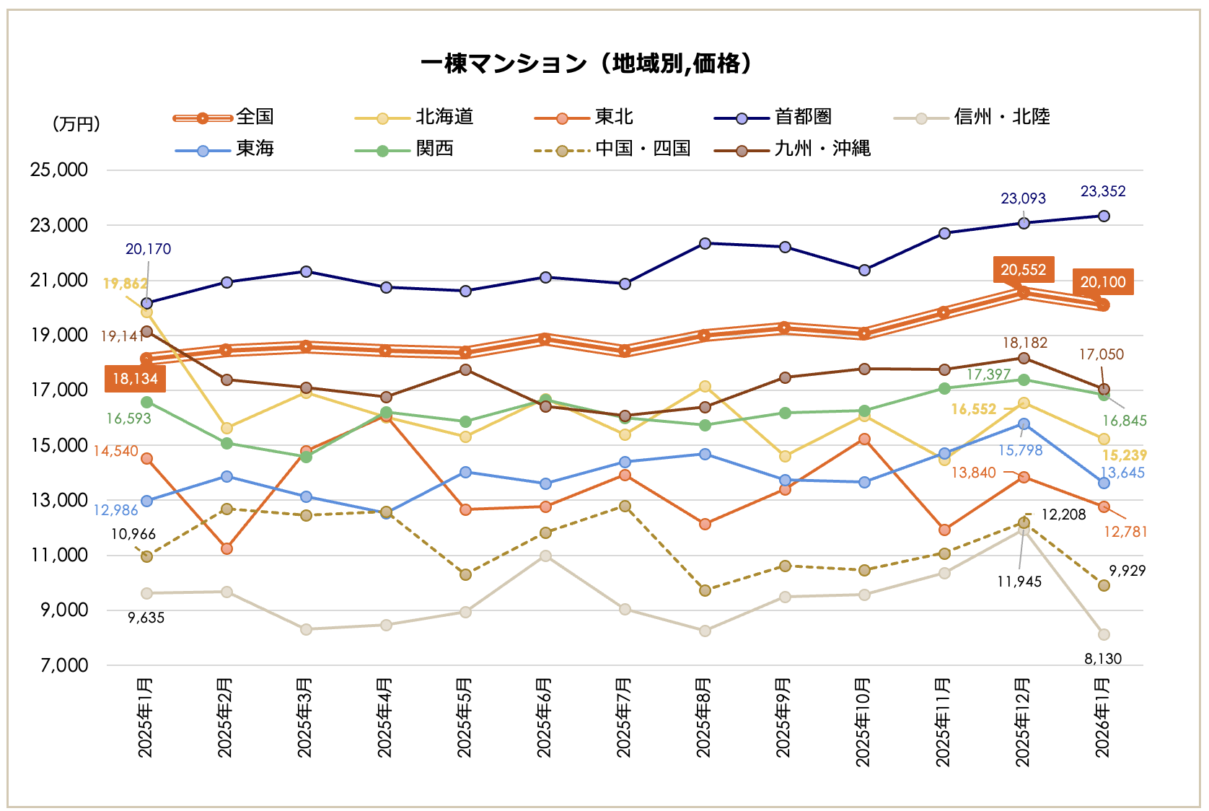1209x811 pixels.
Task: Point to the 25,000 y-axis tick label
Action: coord(59,170)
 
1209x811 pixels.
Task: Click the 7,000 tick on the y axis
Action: coord(64,665)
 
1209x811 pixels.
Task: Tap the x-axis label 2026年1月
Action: coord(1103,717)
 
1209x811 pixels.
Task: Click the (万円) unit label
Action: coord(76,124)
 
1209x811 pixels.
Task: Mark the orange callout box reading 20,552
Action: coord(1023,270)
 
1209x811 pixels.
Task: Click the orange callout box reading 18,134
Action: coord(135,379)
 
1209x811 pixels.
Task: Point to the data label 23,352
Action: coord(1102,191)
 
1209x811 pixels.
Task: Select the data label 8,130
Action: coord(1103,659)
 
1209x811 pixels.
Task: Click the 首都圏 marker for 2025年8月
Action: coord(705,243)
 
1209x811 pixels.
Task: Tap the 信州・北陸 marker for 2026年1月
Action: coord(1104,634)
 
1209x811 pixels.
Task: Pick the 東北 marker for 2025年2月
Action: coord(227,548)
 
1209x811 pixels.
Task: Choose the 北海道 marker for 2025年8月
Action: coord(705,387)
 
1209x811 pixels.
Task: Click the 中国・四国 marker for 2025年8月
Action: coord(705,590)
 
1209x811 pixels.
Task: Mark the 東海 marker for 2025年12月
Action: coord(1024,424)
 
